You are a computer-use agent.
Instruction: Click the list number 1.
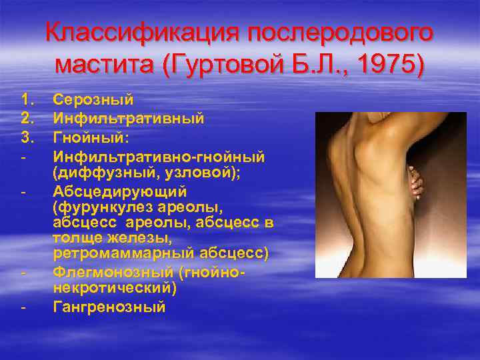(27, 100)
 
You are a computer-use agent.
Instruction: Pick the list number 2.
(27, 118)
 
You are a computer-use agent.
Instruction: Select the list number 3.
(27, 137)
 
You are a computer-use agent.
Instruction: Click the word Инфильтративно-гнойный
(159, 155)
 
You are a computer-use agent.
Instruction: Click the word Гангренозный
(109, 307)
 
